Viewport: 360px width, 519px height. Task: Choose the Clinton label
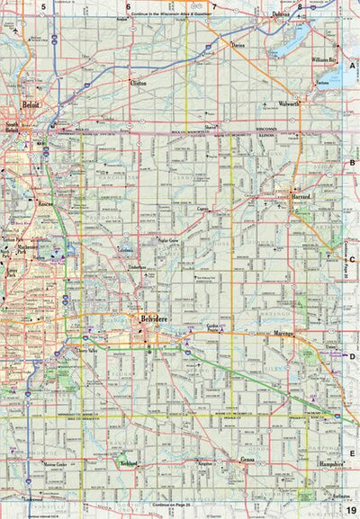click(137, 82)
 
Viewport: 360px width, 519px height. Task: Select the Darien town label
click(238, 42)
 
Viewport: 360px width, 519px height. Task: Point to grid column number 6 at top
click(128, 6)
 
